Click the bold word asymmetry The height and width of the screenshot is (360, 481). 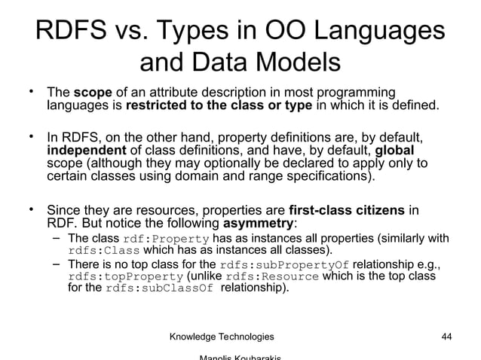259,224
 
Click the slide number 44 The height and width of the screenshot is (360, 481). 445,336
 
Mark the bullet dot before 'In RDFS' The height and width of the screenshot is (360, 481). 32,136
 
